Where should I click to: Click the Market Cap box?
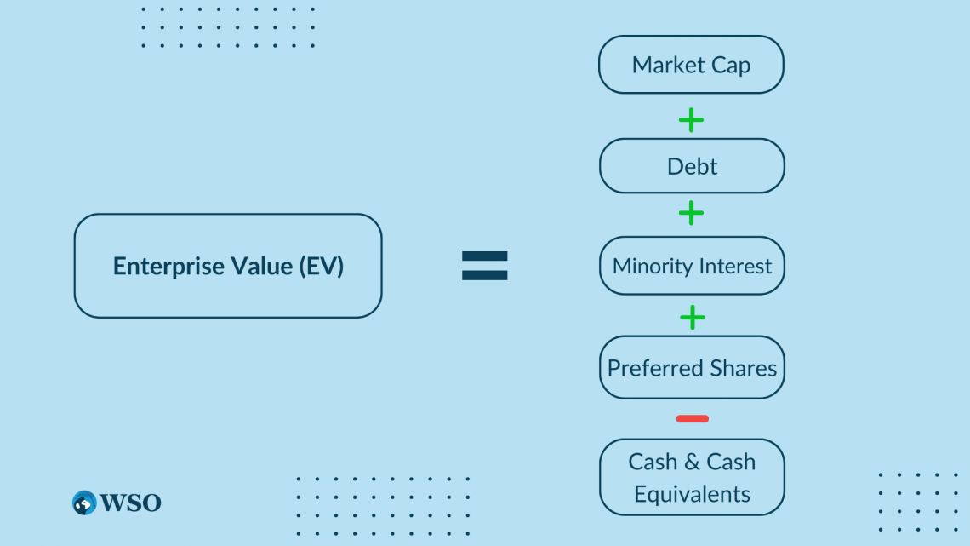pos(691,65)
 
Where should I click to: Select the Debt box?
pos(692,166)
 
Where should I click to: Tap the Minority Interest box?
pos(692,266)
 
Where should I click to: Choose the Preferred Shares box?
pos(692,368)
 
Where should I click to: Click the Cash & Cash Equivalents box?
pos(692,477)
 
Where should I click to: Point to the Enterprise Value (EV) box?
pos(228,266)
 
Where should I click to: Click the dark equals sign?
pos(484,266)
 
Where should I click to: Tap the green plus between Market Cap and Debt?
pos(691,120)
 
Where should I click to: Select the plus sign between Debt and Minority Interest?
pos(691,214)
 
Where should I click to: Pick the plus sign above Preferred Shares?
pos(693,318)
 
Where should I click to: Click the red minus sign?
pos(693,419)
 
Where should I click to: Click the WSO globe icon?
pos(84,503)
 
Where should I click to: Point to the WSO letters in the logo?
pos(130,503)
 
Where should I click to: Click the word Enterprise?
pos(168,267)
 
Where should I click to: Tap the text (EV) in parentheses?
pos(321,267)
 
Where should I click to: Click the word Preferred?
pos(656,368)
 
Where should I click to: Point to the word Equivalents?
pos(692,494)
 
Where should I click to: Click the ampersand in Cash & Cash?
pos(692,462)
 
